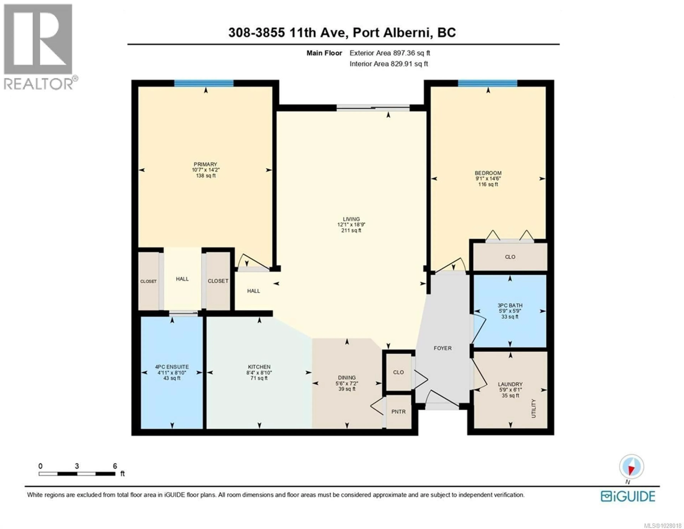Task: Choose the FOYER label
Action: click(442, 348)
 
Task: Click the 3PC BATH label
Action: click(510, 305)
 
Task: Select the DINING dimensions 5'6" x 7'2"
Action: click(347, 383)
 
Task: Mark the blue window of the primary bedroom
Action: click(204, 83)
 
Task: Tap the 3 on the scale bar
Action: click(77, 466)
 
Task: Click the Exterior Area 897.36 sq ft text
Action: click(390, 53)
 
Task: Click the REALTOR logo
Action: click(38, 47)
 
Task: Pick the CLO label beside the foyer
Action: click(398, 372)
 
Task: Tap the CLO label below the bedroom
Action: click(510, 257)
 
